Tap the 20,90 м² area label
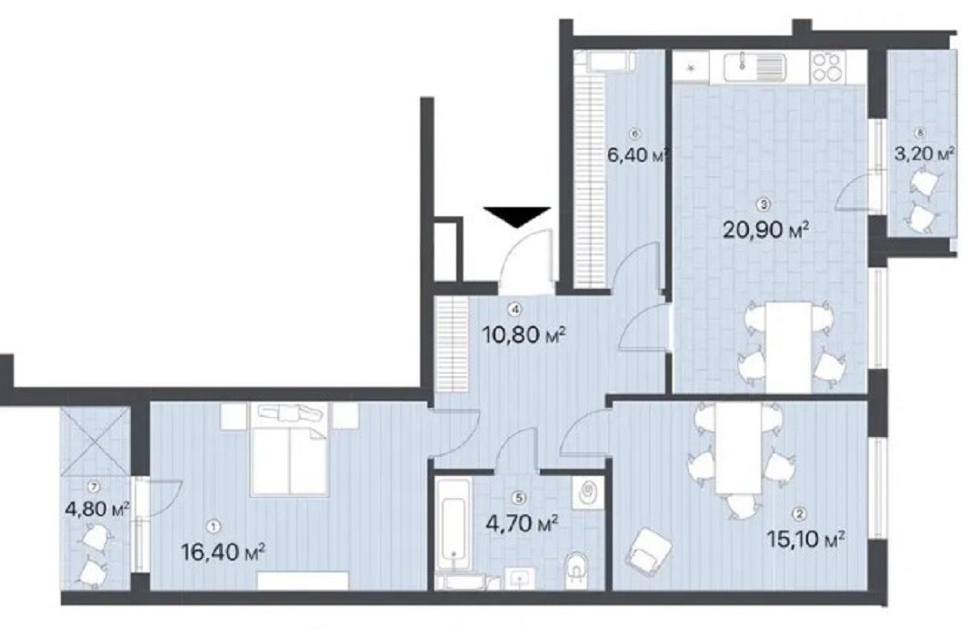click(765, 230)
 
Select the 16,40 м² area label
click(225, 552)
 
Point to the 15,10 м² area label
click(805, 540)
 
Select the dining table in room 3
click(788, 346)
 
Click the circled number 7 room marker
click(94, 487)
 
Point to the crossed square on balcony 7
click(95, 441)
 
